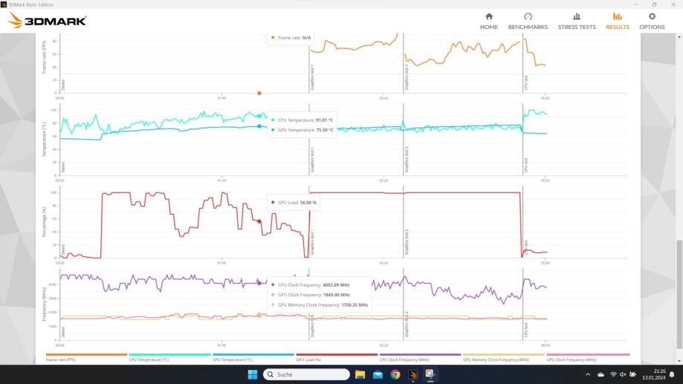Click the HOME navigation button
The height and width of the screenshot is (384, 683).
tap(488, 21)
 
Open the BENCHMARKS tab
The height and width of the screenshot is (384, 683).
tap(528, 21)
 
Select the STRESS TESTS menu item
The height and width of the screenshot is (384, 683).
tap(577, 21)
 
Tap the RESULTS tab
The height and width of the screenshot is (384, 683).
tap(617, 21)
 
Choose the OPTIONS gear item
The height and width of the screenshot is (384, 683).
tap(652, 21)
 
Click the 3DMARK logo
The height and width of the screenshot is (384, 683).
tap(47, 21)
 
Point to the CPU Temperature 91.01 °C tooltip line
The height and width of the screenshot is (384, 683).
tap(305, 119)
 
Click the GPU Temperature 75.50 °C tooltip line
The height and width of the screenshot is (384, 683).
tap(305, 129)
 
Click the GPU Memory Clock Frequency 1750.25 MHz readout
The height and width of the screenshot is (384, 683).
tap(323, 305)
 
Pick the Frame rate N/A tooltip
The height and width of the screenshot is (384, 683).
tap(294, 37)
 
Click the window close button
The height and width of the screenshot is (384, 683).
tap(671, 4)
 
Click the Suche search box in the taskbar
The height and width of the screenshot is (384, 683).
tap(306, 374)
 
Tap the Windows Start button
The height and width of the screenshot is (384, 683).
tap(252, 374)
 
